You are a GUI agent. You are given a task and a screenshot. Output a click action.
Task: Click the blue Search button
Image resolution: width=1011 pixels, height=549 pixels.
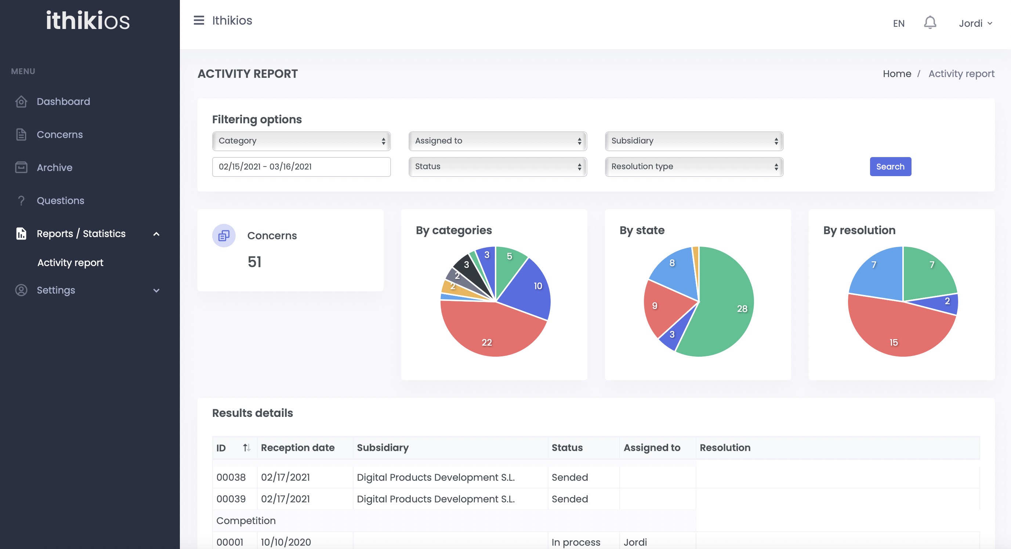tap(890, 167)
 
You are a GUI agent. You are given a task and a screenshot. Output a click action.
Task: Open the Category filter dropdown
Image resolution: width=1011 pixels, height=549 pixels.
tap(301, 141)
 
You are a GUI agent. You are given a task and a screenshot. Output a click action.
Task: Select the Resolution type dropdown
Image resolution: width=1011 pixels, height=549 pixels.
tap(693, 167)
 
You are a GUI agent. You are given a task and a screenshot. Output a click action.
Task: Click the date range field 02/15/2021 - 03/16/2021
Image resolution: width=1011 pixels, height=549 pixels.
tap(301, 167)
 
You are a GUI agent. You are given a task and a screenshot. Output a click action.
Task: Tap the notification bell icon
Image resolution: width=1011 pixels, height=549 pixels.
tap(930, 23)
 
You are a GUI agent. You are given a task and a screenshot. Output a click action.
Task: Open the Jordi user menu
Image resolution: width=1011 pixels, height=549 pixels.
tap(975, 23)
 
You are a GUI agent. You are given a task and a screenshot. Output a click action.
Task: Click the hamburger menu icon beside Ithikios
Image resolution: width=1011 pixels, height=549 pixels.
tap(199, 21)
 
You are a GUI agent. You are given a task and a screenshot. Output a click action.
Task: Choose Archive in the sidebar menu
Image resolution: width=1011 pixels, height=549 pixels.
tap(55, 168)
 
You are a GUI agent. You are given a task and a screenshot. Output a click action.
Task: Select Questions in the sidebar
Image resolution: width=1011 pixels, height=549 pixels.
tap(61, 200)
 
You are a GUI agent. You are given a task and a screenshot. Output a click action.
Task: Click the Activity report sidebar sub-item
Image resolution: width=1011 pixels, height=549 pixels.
tap(70, 262)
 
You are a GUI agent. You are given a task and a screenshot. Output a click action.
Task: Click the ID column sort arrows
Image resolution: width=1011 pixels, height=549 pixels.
tap(246, 448)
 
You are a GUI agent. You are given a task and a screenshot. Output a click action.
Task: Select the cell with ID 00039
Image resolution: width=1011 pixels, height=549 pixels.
tap(231, 499)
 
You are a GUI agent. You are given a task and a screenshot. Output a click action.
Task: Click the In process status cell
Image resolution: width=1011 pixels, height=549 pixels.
tap(576, 542)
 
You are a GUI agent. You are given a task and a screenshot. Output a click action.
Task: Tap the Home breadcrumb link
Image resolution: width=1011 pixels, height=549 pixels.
tap(897, 74)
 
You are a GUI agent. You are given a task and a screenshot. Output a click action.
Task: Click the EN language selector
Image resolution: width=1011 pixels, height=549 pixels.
tap(898, 23)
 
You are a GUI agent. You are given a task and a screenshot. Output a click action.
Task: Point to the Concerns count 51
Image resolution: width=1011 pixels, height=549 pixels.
tap(254, 262)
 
